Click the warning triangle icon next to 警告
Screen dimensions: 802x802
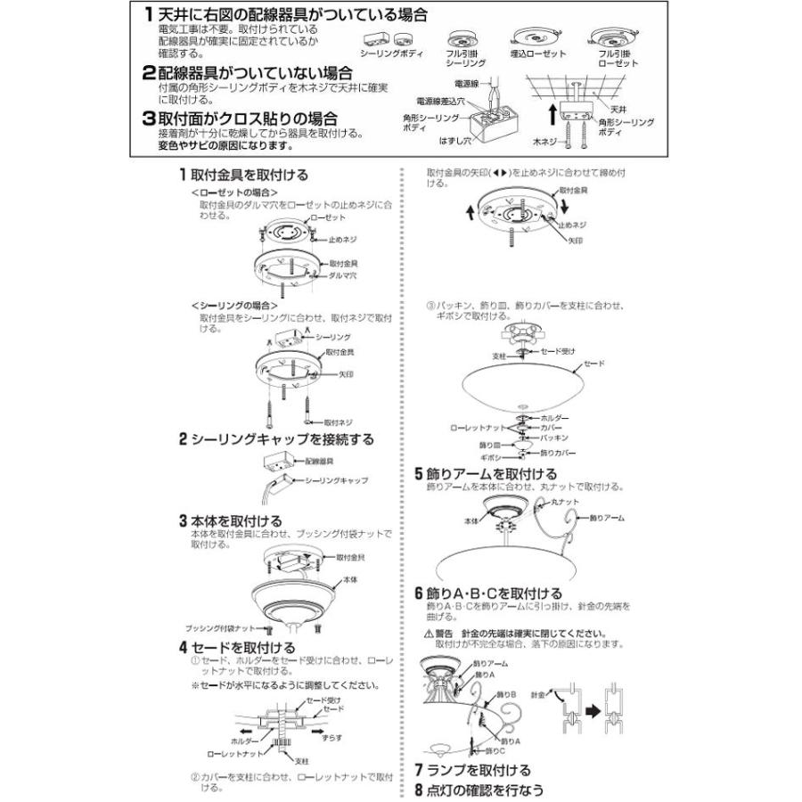(x=429, y=634)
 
